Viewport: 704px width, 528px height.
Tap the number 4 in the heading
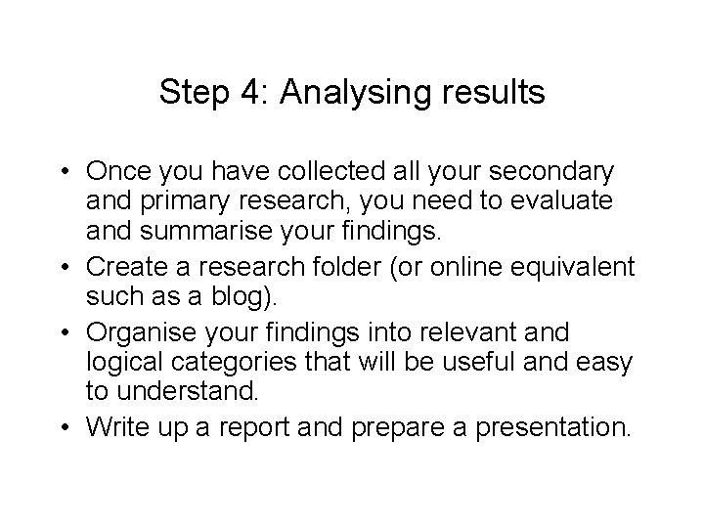[x=249, y=93]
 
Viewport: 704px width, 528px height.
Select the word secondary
[x=552, y=172]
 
